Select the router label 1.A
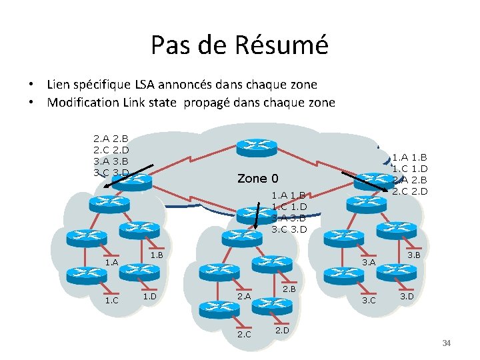pos(111,263)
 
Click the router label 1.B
pos(157,255)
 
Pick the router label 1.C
pos(111,300)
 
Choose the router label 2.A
pos(244,296)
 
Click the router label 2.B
pos(289,289)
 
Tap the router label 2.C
pos(244,334)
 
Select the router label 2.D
pos(282,329)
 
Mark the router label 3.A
pos(368,263)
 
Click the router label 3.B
pos(413,255)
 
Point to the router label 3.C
pos(368,301)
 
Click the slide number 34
pos(446,343)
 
